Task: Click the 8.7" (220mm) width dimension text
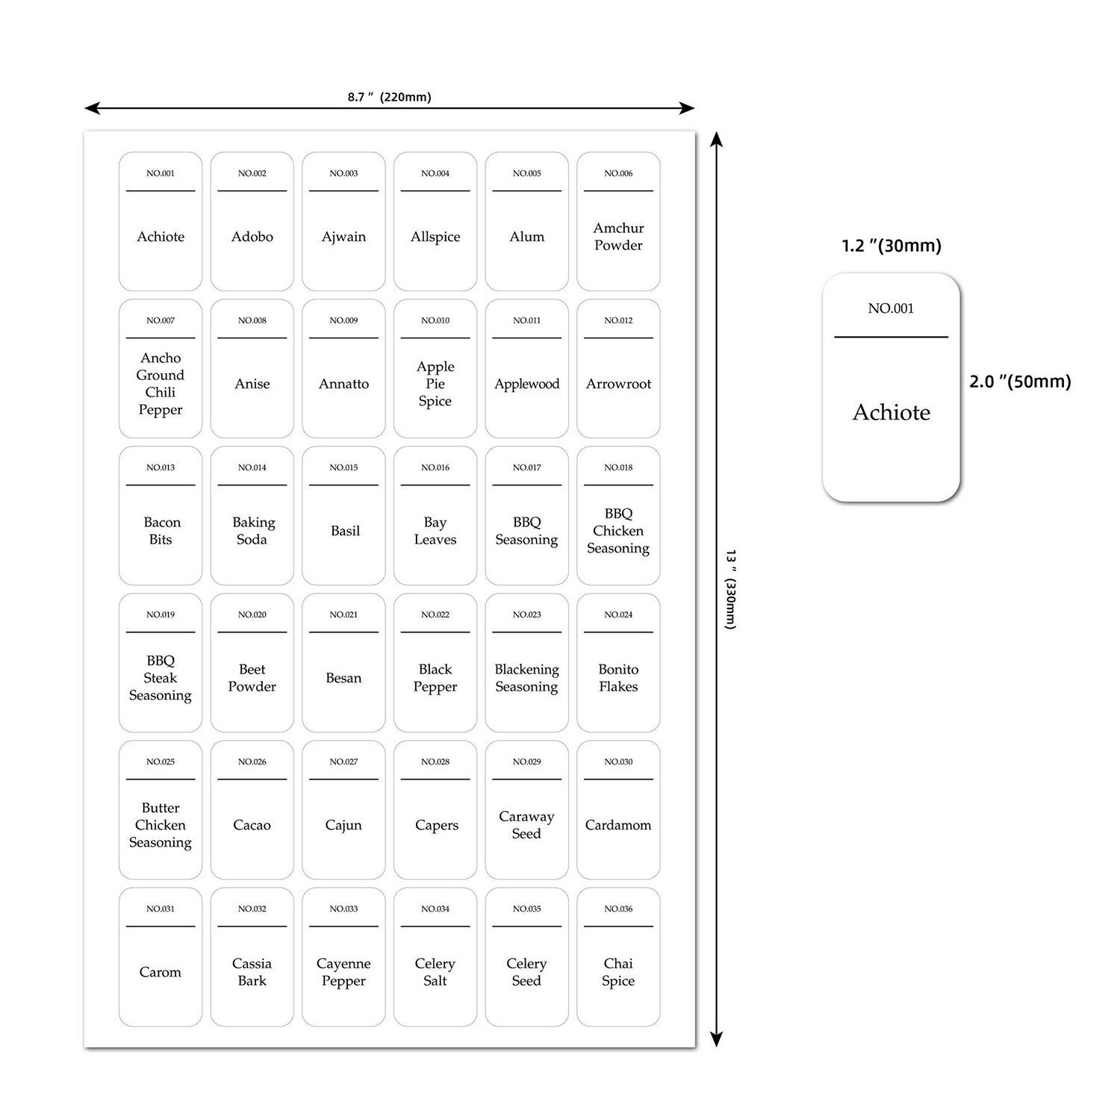click(389, 97)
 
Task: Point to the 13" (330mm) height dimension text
click(731, 590)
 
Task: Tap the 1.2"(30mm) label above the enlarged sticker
click(891, 246)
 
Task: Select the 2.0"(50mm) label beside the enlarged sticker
click(1019, 382)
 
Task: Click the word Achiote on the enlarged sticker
click(891, 412)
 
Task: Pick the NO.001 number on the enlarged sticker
click(891, 308)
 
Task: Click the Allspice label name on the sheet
click(435, 237)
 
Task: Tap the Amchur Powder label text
click(618, 237)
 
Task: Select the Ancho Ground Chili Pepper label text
click(161, 384)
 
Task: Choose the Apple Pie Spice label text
click(435, 384)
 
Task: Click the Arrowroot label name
click(618, 384)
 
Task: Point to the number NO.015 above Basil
click(343, 467)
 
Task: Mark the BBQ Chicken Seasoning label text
click(618, 531)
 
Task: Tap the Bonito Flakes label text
click(618, 678)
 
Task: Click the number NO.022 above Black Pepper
click(435, 615)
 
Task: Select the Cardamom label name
click(618, 825)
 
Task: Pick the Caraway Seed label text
click(526, 825)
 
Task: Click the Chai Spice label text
click(618, 972)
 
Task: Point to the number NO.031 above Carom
click(161, 909)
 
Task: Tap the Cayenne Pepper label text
click(343, 972)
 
